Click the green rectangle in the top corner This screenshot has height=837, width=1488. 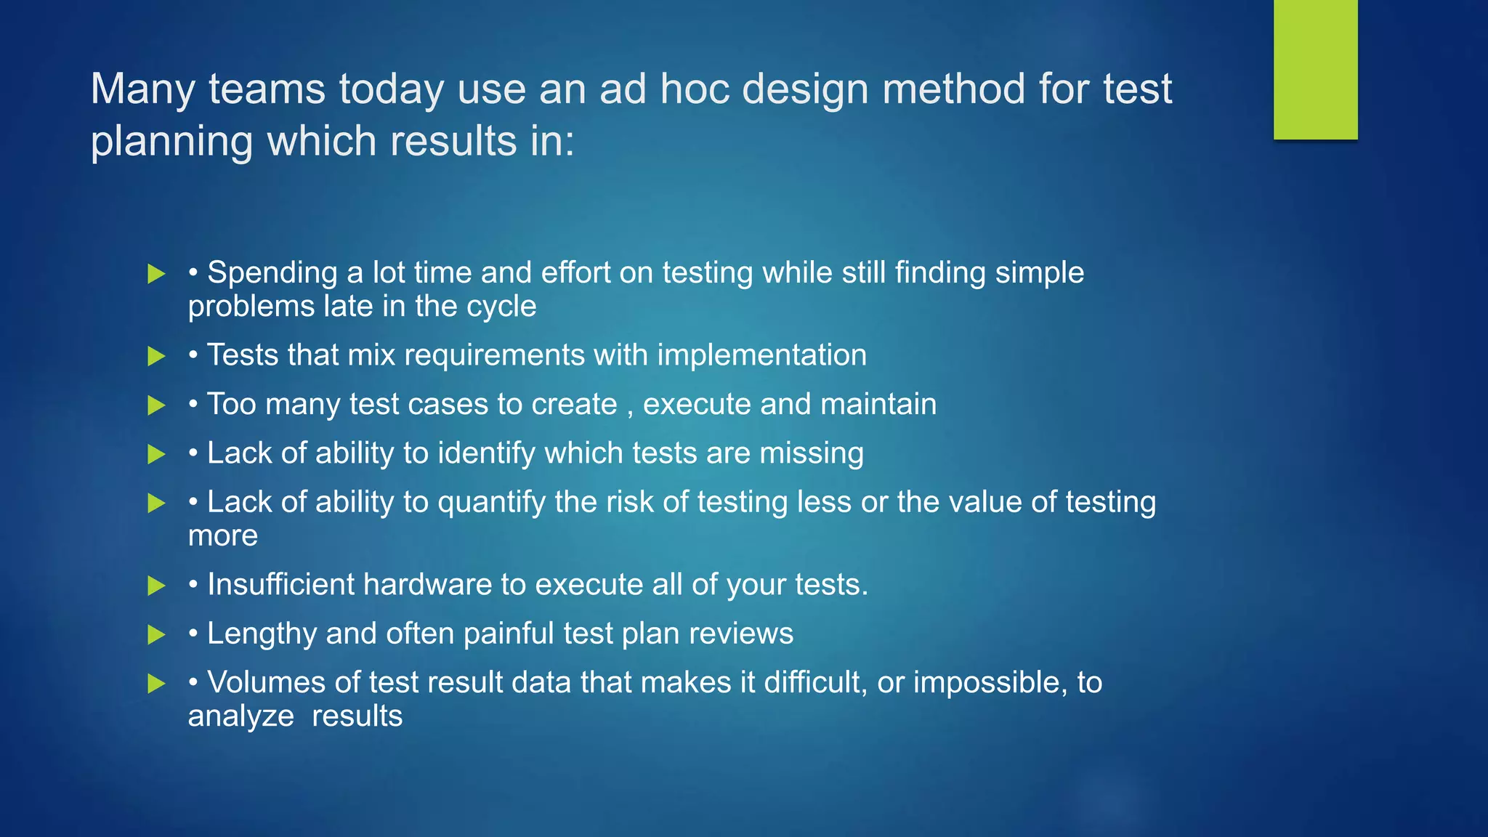[x=1315, y=69]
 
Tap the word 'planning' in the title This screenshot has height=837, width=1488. [x=171, y=142]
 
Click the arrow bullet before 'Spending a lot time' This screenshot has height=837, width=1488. [x=156, y=274]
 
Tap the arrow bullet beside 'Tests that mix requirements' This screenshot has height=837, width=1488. [x=156, y=356]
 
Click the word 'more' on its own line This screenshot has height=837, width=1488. [x=223, y=536]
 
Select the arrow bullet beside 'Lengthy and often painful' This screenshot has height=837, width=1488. [x=156, y=634]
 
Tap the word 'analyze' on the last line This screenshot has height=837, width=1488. [x=240, y=716]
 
